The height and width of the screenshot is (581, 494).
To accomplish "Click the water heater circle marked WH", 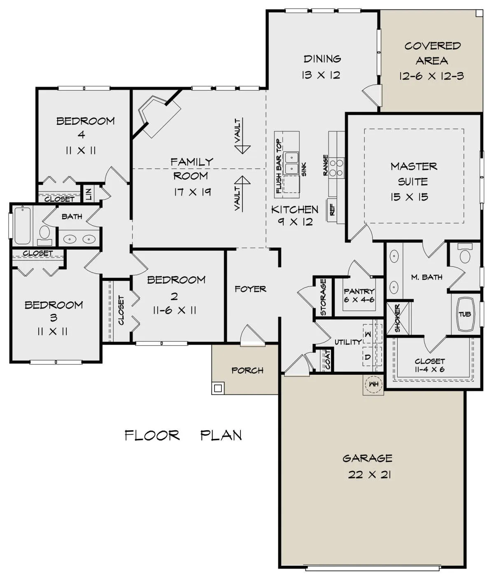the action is [373, 384].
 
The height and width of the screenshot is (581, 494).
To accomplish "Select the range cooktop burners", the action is [336, 168].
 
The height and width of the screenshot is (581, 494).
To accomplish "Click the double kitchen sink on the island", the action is [291, 163].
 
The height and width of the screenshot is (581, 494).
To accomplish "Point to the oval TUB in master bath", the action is [465, 314].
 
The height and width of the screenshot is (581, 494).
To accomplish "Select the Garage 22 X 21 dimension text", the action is [369, 475].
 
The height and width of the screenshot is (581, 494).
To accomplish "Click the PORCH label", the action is [247, 371].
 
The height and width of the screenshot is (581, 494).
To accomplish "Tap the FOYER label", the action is [250, 289].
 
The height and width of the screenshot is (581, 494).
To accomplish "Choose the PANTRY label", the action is [359, 291].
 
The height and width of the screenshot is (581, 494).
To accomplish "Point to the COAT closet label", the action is [328, 360].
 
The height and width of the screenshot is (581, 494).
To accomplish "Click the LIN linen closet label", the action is [89, 194].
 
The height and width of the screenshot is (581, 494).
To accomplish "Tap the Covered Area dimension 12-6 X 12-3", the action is [431, 76].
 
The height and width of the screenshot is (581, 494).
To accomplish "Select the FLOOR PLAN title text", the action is [183, 435].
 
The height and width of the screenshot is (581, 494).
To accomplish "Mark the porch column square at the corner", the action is [218, 388].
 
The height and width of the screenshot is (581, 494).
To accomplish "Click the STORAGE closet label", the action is [323, 297].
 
